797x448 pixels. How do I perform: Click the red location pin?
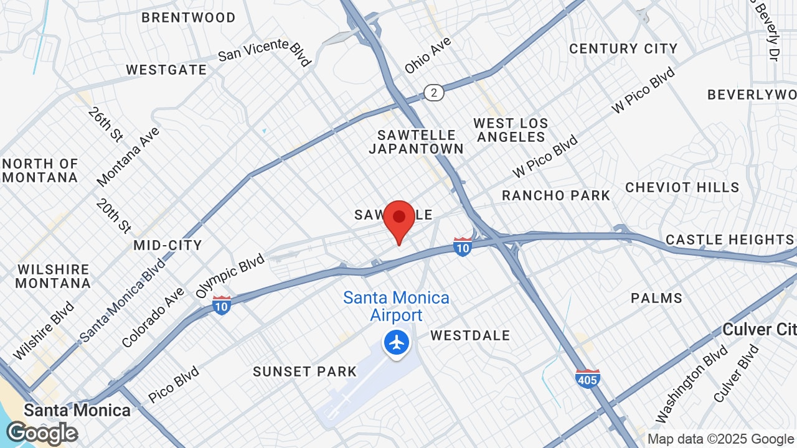[399, 219]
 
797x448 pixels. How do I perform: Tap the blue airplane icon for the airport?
[397, 342]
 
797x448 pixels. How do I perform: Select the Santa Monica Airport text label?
[397, 306]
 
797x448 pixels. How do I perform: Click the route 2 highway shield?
[434, 93]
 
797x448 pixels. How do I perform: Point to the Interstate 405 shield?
[588, 378]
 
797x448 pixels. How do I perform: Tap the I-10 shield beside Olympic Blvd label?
[222, 305]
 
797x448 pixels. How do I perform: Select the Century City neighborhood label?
[623, 49]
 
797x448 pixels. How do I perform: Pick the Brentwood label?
[189, 17]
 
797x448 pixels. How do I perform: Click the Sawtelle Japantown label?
[417, 142]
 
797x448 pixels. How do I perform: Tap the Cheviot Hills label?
[682, 187]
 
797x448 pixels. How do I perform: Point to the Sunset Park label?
[305, 371]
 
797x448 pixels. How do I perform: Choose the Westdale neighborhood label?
[470, 335]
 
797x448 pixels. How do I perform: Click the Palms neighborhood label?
[656, 298]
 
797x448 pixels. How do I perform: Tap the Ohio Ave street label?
[428, 55]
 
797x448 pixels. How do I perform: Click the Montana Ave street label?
[128, 156]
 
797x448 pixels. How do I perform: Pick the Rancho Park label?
[556, 195]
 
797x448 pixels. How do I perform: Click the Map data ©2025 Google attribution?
[720, 439]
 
